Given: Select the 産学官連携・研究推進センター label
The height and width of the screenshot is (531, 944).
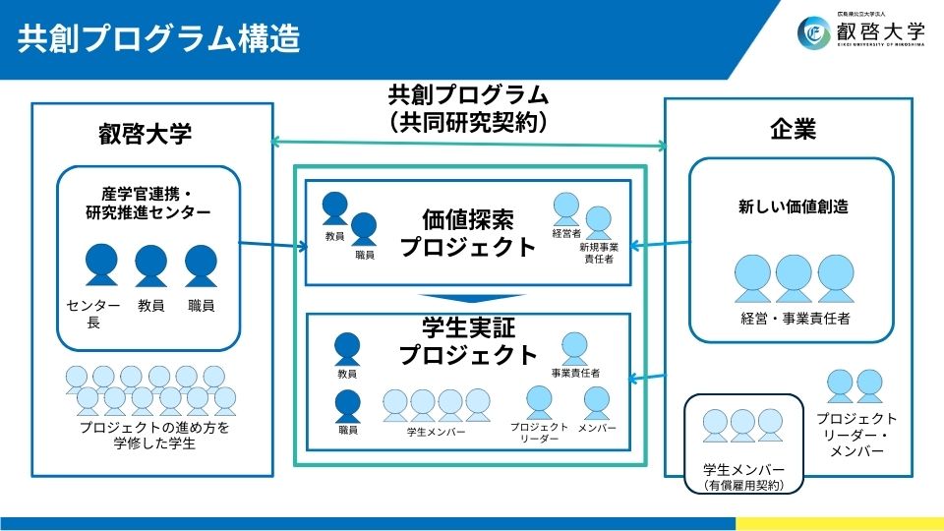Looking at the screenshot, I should tap(149, 202).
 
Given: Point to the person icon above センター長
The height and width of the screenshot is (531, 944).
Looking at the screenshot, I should tap(101, 265).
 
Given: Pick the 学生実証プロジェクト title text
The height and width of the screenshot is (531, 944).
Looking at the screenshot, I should tap(468, 340).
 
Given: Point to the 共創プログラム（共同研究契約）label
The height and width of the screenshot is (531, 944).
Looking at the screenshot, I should tap(468, 108).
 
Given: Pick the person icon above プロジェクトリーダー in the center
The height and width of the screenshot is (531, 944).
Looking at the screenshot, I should tap(539, 401).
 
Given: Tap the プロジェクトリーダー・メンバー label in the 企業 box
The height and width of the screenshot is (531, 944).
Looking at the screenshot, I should tap(855, 434).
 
